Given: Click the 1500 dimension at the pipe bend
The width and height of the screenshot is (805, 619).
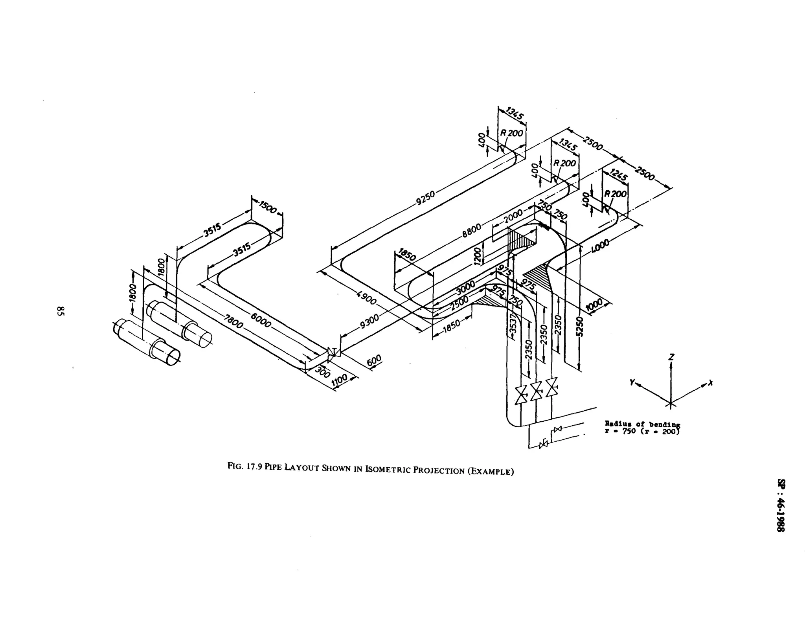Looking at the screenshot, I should (268, 207).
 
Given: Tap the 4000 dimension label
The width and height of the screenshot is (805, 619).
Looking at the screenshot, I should (600, 246).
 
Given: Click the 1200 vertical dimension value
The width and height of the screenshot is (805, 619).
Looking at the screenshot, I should (478, 256).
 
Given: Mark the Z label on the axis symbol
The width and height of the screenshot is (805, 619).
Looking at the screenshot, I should (671, 357).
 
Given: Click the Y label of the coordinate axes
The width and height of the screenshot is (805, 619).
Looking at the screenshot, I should (632, 382).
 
